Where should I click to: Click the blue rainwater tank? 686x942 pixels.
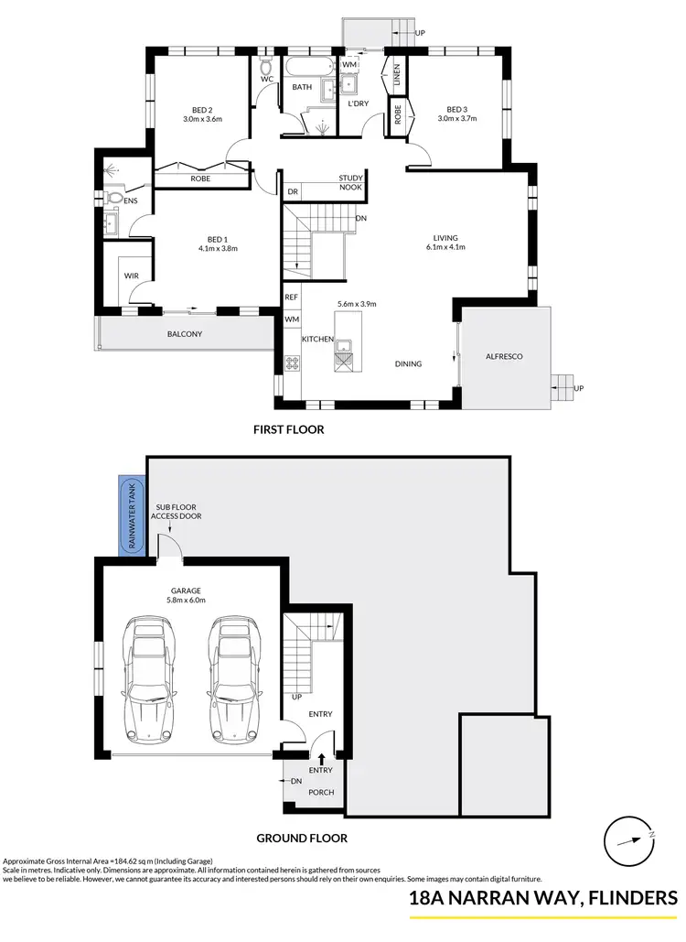(132, 518)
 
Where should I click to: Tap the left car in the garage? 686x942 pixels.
(147, 681)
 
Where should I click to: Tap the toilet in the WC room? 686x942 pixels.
(266, 67)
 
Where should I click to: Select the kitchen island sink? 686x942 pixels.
(346, 346)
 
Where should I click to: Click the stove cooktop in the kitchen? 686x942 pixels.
(294, 363)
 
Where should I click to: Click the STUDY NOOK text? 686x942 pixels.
(350, 183)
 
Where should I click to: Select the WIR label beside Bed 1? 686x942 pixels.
(130, 274)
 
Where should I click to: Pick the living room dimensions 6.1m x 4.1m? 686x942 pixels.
(445, 246)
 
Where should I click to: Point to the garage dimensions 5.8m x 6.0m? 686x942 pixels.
(186, 601)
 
